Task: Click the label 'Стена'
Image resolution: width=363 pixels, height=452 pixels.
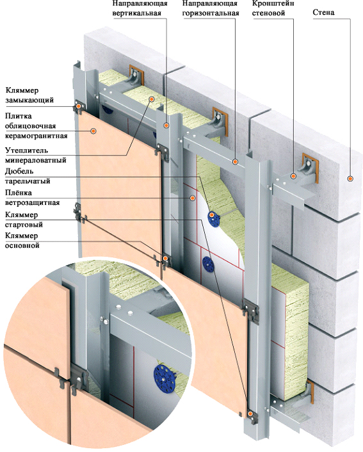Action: [x=323, y=12]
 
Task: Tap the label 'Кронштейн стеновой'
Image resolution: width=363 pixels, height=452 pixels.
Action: [x=273, y=8]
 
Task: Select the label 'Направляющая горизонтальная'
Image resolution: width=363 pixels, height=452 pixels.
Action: [x=211, y=8]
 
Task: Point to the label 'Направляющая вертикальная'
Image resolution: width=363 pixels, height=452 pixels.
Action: [x=140, y=8]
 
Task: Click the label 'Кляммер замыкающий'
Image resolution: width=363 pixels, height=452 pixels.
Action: [x=29, y=95]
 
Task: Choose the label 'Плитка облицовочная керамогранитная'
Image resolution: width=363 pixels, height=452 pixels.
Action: [x=36, y=126]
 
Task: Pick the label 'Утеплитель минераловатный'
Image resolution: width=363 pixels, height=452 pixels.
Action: [x=35, y=155]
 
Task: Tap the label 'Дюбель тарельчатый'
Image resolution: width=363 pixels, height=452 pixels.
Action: [x=28, y=176]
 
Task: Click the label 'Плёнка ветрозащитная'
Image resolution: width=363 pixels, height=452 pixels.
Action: [x=32, y=197]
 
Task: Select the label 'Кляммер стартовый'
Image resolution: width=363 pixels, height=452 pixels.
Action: [x=24, y=220]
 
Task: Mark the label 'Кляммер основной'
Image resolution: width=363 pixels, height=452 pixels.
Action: [x=22, y=241]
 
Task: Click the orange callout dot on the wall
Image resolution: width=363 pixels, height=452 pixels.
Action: [x=350, y=179]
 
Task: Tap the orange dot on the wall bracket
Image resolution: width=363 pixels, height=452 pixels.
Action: [x=293, y=176]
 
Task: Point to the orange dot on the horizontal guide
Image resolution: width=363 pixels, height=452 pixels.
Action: [x=235, y=162]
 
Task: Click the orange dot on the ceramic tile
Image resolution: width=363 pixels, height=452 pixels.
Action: [x=93, y=131]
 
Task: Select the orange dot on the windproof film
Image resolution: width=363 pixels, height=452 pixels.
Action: [x=192, y=198]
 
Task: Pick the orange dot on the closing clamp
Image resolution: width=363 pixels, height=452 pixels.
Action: [x=78, y=107]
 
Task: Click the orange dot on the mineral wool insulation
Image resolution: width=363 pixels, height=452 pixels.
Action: [x=151, y=99]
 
